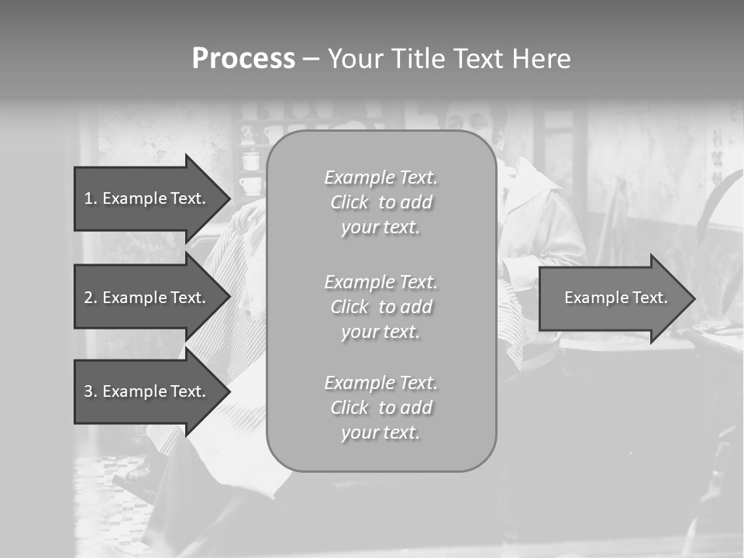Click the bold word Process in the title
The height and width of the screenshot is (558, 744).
point(243,59)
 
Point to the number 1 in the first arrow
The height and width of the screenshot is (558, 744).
point(88,198)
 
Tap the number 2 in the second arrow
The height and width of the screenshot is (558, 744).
point(88,298)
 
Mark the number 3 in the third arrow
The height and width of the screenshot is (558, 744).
point(88,391)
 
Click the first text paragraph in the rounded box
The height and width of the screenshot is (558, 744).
point(381,202)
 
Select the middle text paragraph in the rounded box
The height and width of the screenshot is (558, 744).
point(381,307)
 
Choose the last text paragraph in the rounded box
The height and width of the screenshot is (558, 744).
point(381,408)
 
